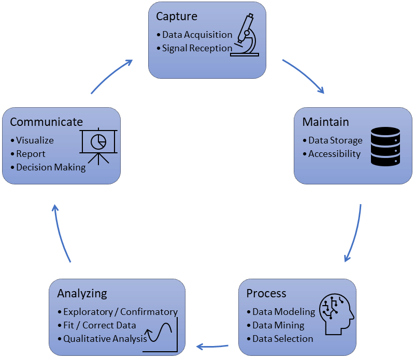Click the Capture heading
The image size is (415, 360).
177,17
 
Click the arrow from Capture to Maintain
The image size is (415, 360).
304,75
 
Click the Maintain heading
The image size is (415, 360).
325,122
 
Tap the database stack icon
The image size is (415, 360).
385,147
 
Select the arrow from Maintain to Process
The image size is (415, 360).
354,233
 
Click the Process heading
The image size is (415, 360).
266,294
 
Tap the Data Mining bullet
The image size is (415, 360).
278,325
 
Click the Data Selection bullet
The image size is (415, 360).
282,339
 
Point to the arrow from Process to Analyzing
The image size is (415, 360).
212,346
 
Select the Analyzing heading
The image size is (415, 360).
82,294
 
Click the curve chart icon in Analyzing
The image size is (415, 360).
162,335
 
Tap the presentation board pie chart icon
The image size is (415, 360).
98,145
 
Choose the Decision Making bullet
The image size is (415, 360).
51,167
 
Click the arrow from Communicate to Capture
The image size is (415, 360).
111,76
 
